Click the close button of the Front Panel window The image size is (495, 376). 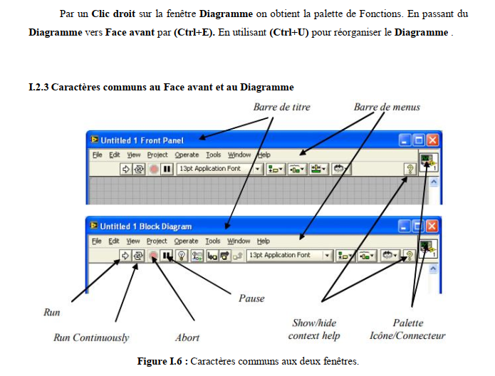(x=432, y=140)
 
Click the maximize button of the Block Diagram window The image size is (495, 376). (x=418, y=226)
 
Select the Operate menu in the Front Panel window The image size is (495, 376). (x=187, y=155)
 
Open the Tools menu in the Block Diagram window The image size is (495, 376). (x=213, y=241)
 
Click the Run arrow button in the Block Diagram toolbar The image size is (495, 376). (x=125, y=256)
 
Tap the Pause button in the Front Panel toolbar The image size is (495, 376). (x=167, y=169)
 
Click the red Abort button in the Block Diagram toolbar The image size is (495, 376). (x=153, y=256)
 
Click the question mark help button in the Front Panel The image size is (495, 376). (x=410, y=169)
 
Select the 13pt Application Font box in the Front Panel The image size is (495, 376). (x=219, y=169)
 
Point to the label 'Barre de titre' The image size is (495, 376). (x=281, y=107)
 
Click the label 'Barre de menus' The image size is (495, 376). (x=387, y=107)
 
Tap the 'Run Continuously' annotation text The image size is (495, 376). (x=91, y=338)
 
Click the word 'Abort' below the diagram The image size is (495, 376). (x=187, y=338)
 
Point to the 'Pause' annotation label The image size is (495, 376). (x=251, y=298)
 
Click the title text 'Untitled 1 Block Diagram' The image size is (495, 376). (x=146, y=226)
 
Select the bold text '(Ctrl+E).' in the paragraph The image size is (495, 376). (x=194, y=32)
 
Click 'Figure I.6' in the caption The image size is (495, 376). (x=160, y=361)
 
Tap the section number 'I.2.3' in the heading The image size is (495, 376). (x=38, y=87)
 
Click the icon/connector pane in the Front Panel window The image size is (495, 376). (x=428, y=162)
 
